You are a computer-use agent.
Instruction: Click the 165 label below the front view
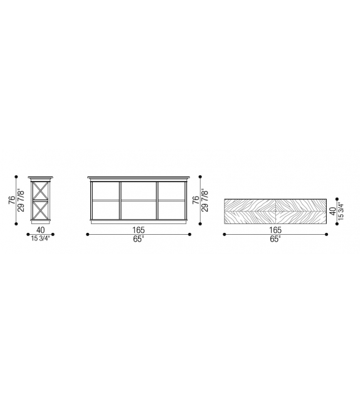pos(139,230)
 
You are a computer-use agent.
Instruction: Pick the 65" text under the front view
pos(139,239)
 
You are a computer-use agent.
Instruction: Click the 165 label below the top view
pos(275,230)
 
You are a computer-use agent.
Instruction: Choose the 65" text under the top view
pos(275,239)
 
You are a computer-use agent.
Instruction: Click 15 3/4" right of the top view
pos(341,212)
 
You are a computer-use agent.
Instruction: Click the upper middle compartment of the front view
pos(139,191)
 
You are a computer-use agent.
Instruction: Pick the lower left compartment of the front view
pos(105,209)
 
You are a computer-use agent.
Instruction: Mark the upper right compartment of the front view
pos(171,191)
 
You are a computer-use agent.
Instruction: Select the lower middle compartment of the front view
pos(139,209)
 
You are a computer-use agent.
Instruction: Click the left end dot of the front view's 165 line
pos(87,235)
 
